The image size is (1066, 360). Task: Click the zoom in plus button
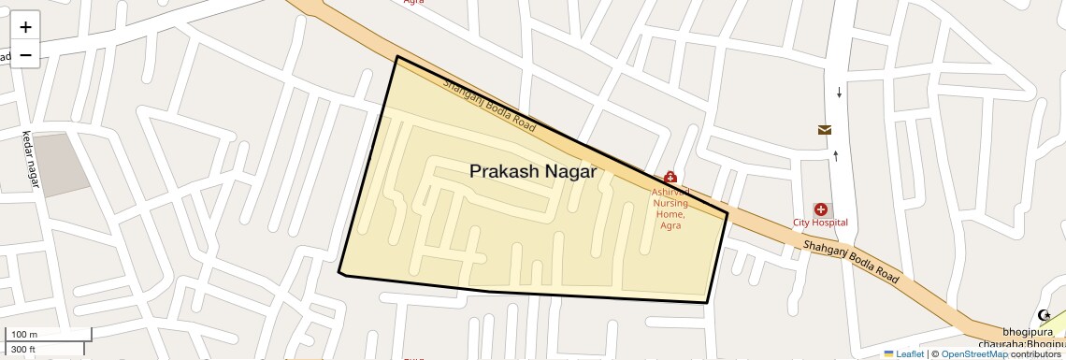coord(25,27)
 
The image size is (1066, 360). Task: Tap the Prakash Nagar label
coord(532,171)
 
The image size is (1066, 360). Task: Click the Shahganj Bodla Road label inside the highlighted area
coord(489,105)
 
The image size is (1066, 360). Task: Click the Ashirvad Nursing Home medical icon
coord(670,177)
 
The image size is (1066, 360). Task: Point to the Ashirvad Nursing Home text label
coord(670,208)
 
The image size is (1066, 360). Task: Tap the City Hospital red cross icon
coord(820,209)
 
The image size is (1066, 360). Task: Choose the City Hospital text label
coord(820,223)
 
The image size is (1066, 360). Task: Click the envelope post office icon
coord(825,130)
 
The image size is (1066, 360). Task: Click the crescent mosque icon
coord(1044,316)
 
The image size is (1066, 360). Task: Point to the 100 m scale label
coord(24,334)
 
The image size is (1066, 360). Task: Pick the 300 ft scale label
coord(23,350)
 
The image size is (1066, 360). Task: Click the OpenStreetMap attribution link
coord(973,353)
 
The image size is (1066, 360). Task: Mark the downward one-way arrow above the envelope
coord(839,92)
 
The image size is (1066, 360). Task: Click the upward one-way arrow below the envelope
coord(835,155)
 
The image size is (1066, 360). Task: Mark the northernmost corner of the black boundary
coord(397,57)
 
